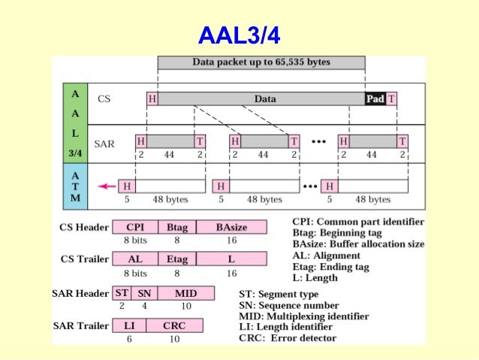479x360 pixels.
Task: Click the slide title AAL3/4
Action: coord(239,35)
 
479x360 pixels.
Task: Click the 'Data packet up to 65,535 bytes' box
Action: coord(261,62)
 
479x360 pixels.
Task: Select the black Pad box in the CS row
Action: coord(375,98)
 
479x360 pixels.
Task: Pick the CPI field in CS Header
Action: coord(135,225)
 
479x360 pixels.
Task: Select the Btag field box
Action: coord(177,225)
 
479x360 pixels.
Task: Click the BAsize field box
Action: coord(231,225)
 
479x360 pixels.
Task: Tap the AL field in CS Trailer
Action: coord(135,259)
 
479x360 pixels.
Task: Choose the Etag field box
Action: coord(177,259)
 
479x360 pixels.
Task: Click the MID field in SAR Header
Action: coord(185,293)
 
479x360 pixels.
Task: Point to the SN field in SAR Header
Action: coord(144,293)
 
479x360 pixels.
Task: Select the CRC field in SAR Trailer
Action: coord(173,325)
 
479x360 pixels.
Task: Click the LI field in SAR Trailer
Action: coord(128,325)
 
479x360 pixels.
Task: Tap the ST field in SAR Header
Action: coord(122,293)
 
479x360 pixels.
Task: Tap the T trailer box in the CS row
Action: coord(392,98)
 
